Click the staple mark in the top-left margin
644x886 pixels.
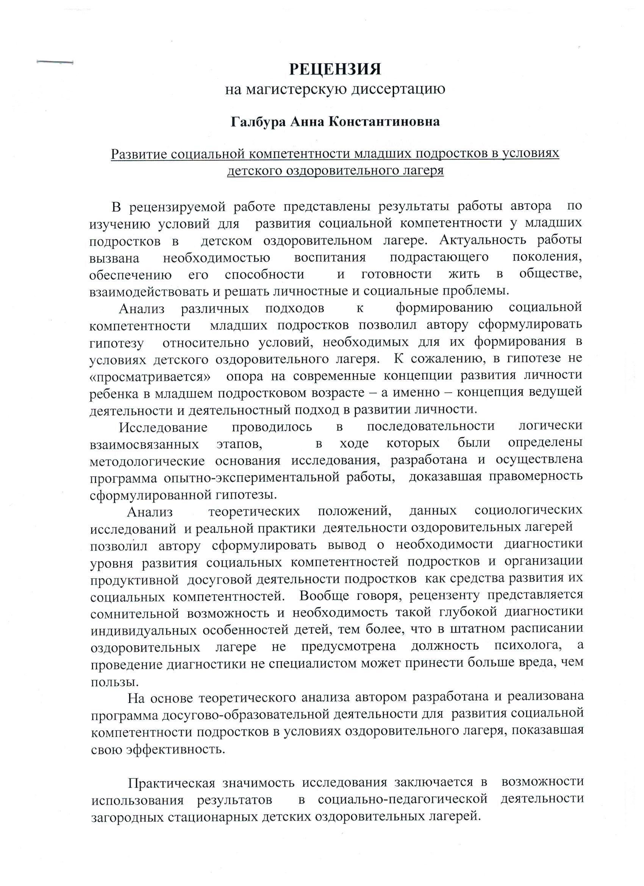55,62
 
